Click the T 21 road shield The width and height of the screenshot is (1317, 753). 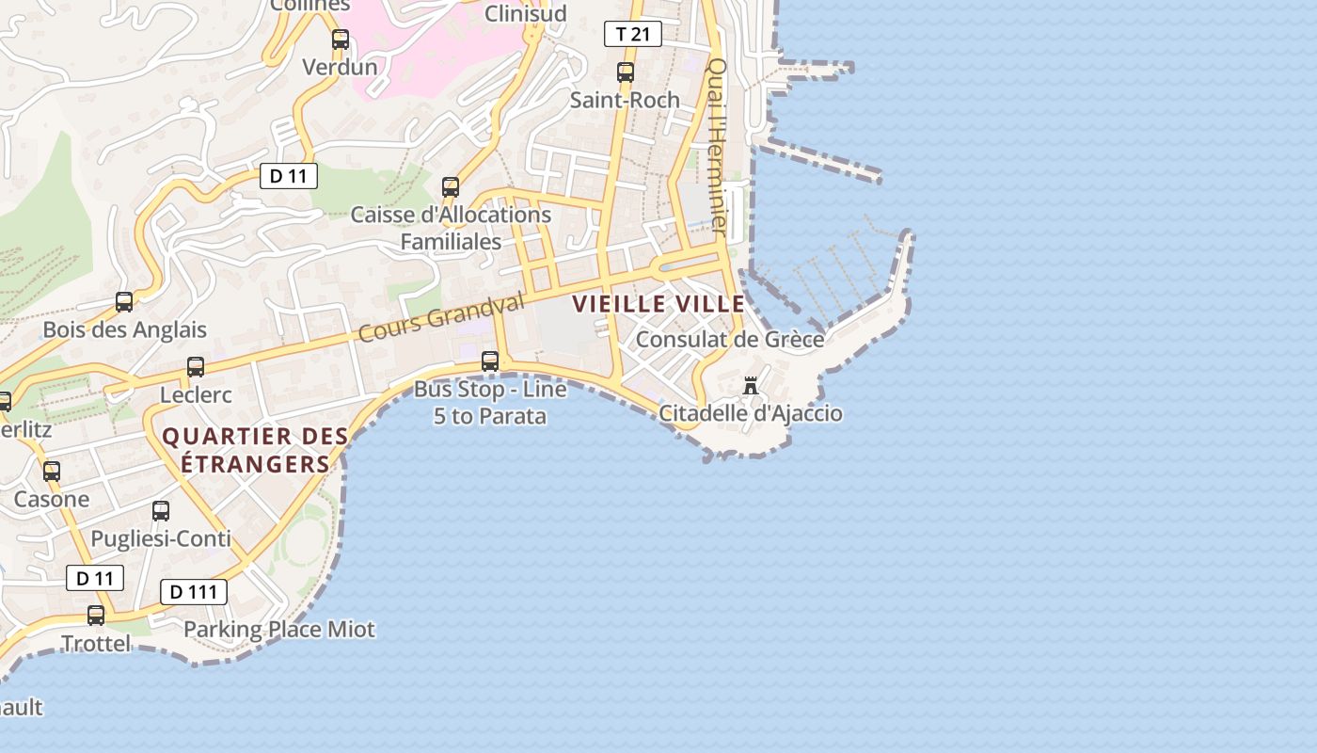tap(632, 35)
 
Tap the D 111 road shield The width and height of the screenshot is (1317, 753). tap(194, 592)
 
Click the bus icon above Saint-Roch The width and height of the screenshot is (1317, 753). tap(625, 72)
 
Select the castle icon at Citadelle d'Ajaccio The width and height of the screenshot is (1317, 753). tap(751, 386)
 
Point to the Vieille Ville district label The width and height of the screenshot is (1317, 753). tap(658, 304)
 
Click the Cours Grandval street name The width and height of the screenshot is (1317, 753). tap(441, 317)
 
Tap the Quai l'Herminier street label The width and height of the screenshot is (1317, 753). tap(718, 146)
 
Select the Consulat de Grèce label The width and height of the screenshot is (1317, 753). tap(730, 339)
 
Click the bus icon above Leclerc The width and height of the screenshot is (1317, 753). tap(195, 367)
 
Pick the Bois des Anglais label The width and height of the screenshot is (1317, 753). tap(124, 329)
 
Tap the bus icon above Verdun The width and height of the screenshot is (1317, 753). tap(340, 40)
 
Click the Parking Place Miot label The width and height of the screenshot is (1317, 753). tap(279, 629)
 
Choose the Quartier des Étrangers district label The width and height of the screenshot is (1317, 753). tap(255, 450)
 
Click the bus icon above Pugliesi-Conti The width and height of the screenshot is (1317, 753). tap(161, 511)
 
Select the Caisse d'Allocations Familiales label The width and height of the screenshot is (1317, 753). tap(451, 228)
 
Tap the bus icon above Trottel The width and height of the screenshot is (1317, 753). tap(96, 616)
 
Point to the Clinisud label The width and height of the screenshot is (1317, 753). tap(525, 13)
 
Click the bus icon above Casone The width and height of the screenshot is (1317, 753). tap(52, 472)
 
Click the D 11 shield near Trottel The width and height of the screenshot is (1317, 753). tap(95, 578)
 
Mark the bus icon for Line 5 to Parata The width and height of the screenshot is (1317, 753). tap(489, 360)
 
